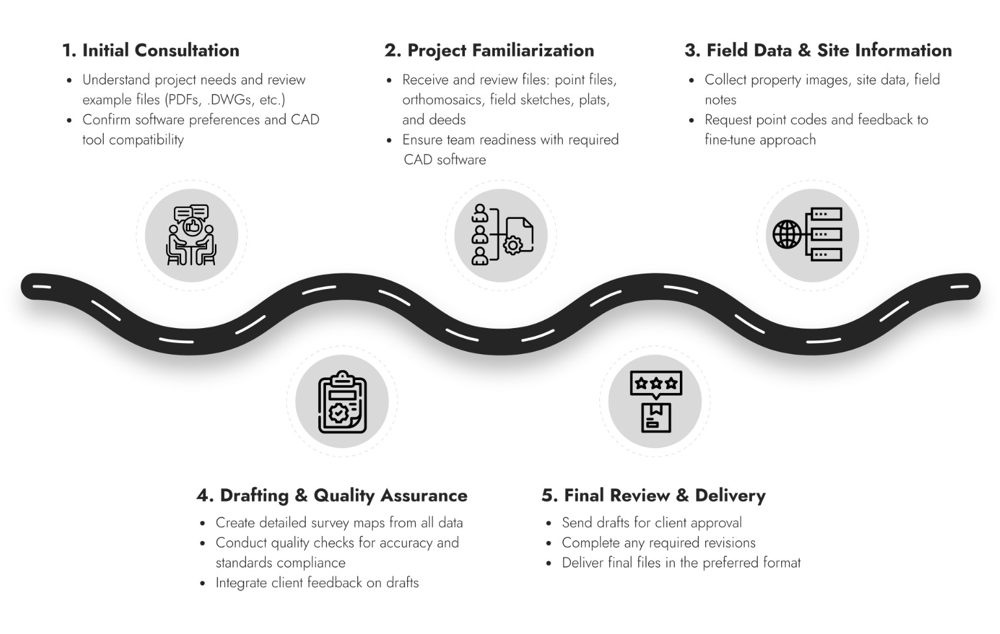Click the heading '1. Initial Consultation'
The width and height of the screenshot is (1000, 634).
click(x=151, y=50)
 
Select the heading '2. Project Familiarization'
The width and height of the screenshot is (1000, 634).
click(x=489, y=50)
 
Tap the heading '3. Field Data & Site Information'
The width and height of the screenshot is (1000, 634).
click(x=818, y=50)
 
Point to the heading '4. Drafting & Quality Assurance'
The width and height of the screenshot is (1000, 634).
click(x=332, y=495)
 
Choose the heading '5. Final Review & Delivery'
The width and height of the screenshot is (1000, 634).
click(x=653, y=495)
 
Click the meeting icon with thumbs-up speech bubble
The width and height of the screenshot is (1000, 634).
click(x=192, y=235)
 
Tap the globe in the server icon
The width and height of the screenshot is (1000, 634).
click(x=787, y=235)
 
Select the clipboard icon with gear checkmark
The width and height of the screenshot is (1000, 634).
click(x=342, y=402)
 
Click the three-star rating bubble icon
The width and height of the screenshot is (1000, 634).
click(x=656, y=384)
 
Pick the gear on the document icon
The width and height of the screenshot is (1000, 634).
click(x=513, y=245)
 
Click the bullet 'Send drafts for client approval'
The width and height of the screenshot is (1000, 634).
click(x=651, y=522)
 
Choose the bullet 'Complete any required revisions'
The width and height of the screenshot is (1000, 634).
click(x=658, y=542)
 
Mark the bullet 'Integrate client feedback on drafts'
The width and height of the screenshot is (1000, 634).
click(x=317, y=583)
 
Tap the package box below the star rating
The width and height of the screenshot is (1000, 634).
click(x=656, y=418)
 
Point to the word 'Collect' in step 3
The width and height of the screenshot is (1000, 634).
click(x=725, y=79)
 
